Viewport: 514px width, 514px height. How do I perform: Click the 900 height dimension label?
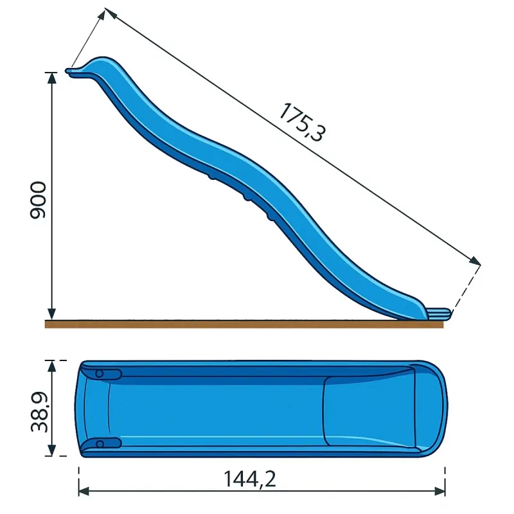[38, 200]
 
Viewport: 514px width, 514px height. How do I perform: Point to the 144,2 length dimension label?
[250, 479]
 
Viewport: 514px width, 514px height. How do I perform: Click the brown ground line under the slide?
[244, 324]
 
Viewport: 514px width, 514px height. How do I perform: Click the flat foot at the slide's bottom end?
[438, 314]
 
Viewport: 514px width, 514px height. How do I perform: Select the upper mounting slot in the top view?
[107, 374]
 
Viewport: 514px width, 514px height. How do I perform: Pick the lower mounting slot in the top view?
[107, 443]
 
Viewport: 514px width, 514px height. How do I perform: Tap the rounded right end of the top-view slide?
[437, 409]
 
